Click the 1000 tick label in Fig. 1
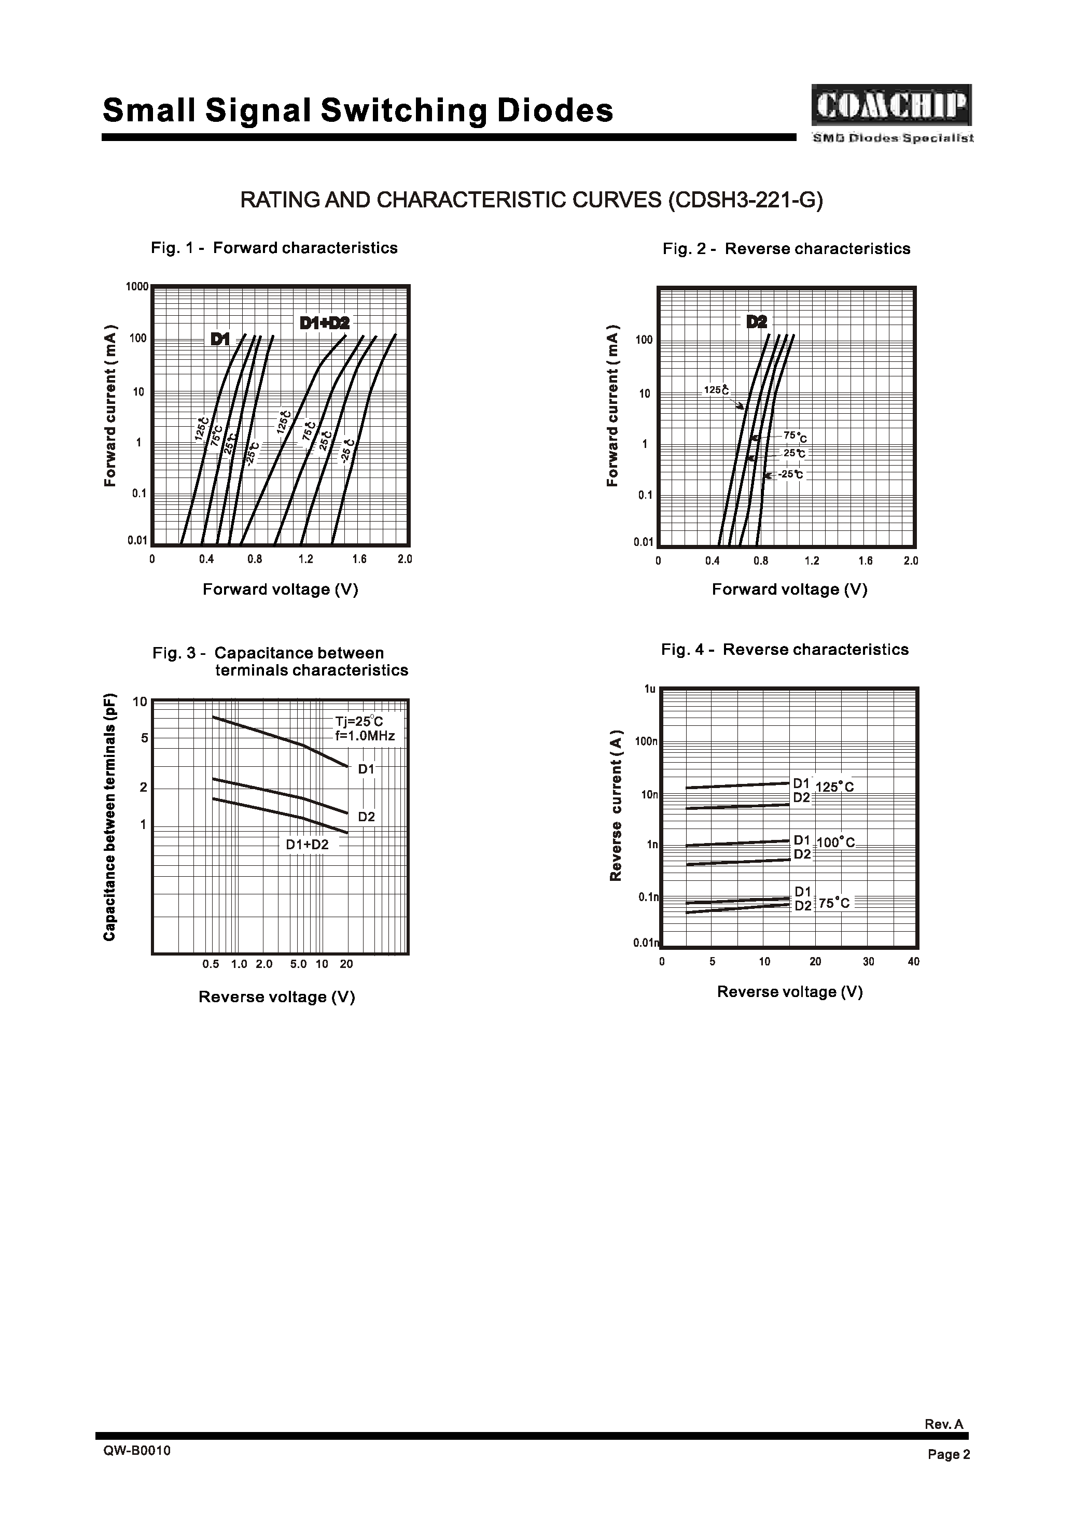click(x=137, y=287)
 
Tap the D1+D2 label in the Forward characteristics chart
click(x=325, y=323)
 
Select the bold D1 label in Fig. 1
click(x=220, y=340)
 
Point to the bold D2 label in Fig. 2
click(x=757, y=321)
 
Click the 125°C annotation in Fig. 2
click(x=716, y=390)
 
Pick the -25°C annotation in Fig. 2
click(x=790, y=474)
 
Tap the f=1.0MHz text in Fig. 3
click(x=365, y=736)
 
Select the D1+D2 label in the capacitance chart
click(x=307, y=844)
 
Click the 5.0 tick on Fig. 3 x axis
click(x=299, y=964)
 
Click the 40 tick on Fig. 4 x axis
click(x=914, y=961)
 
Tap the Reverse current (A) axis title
click(x=616, y=805)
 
